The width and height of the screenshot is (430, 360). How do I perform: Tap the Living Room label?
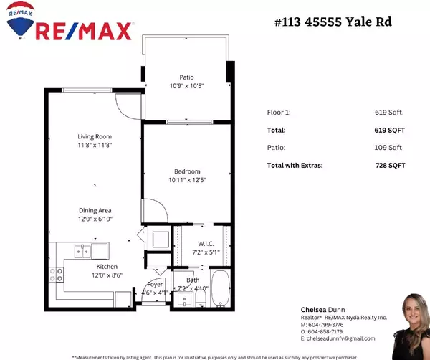tap(95, 141)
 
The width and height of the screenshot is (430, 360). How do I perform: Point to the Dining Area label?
tap(96, 214)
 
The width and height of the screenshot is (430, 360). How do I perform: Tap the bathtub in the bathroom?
tap(221, 288)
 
